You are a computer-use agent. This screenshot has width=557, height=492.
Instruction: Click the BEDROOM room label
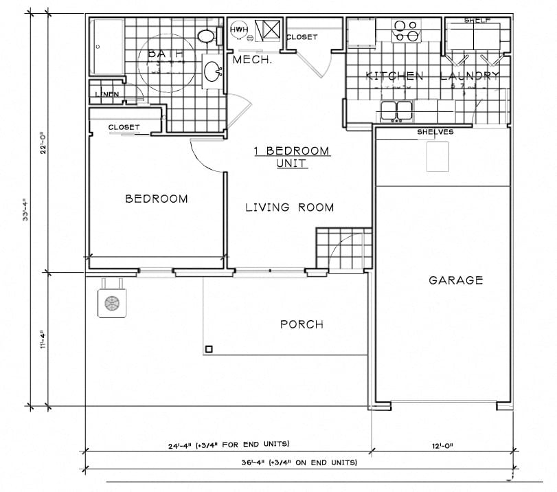point(156,199)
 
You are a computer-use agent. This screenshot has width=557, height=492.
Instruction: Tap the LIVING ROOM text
point(289,208)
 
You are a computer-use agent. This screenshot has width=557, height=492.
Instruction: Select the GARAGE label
point(455,280)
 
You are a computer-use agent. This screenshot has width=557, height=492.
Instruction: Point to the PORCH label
point(302,324)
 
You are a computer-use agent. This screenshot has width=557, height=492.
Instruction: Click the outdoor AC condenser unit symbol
point(111,303)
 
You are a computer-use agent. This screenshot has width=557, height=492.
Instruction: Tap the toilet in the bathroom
point(207,36)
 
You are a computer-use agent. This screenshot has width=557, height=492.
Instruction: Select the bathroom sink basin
point(214,70)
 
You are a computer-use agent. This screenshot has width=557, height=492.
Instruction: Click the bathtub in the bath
point(108,47)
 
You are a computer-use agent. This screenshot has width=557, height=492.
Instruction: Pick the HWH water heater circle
point(239,30)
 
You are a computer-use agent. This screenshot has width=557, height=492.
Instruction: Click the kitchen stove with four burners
point(405,31)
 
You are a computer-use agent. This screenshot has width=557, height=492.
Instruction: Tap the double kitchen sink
point(396,109)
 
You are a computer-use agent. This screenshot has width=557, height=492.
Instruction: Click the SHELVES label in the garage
point(435,132)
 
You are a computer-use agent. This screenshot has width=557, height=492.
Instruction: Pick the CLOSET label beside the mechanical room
point(302,37)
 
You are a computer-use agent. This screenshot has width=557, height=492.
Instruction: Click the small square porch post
point(207,348)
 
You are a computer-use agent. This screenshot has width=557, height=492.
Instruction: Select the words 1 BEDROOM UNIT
point(292,157)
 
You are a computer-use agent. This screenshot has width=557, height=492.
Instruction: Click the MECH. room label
point(253,60)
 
